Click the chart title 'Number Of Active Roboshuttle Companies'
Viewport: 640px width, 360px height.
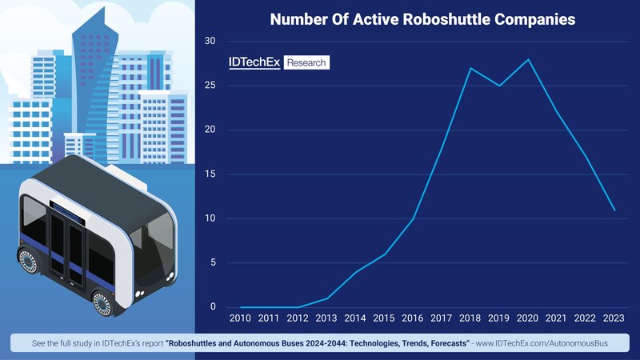pos(422,19)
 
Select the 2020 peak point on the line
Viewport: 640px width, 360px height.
pos(529,59)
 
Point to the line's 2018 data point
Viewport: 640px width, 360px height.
pos(470,68)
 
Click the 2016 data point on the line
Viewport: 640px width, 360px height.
pos(413,218)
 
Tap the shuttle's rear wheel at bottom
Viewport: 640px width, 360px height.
pos(102,302)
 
